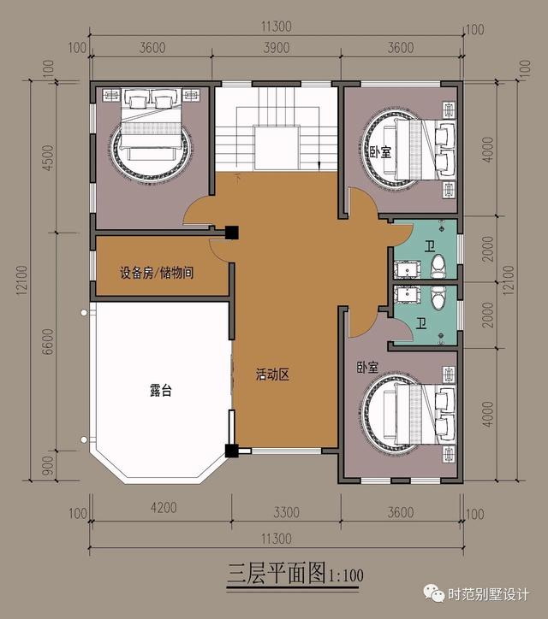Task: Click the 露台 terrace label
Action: click(161, 390)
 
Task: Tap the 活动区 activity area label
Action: click(273, 374)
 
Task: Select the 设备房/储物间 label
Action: click(157, 273)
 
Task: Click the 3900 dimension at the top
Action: click(277, 48)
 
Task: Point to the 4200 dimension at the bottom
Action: click(164, 507)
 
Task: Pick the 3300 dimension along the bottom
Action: click(286, 512)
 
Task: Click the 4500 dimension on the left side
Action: click(48, 157)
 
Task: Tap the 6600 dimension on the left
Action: click(48, 341)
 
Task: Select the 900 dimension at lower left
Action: click(48, 466)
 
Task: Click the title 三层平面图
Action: click(277, 574)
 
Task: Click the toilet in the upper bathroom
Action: click(438, 267)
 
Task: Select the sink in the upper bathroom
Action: click(407, 269)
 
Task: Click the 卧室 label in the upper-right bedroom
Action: click(380, 152)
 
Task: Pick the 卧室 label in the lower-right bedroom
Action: click(367, 368)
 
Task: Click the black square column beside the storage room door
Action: click(232, 233)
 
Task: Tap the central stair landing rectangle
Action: click(277, 148)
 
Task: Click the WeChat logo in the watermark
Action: click(434, 593)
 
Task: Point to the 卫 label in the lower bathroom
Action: click(422, 324)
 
